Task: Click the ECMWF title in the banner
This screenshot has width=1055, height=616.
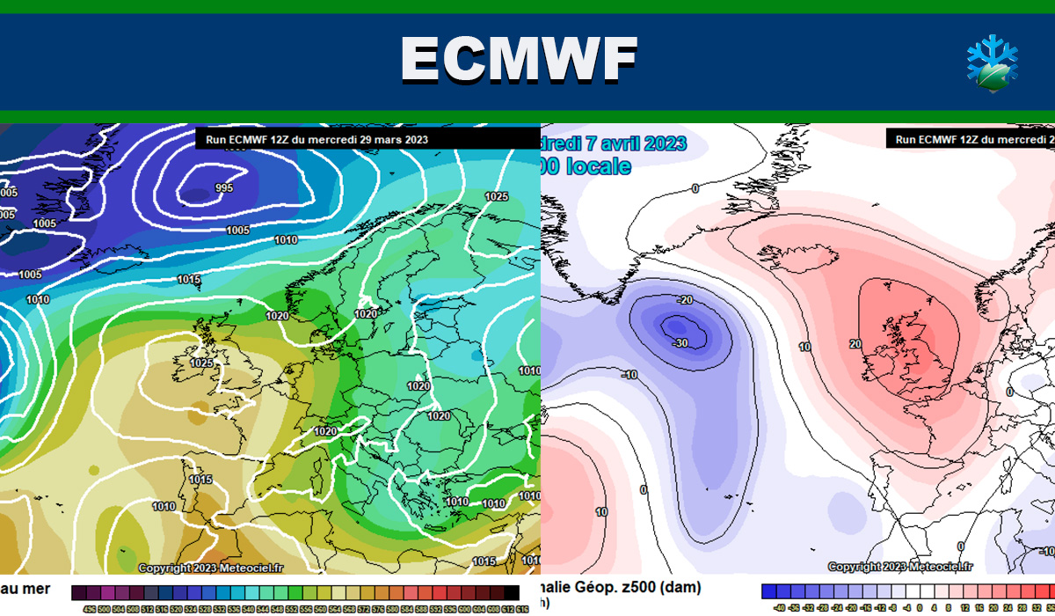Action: pos(519,60)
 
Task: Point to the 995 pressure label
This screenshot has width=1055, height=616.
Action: pos(223,188)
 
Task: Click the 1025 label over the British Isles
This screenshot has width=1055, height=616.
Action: pos(201,363)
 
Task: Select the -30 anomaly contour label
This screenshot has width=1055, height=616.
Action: pos(679,342)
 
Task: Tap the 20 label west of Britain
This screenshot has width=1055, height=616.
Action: pos(855,344)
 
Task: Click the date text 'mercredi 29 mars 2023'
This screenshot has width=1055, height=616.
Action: pos(369,139)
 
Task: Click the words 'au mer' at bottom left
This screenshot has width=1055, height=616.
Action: pos(24,588)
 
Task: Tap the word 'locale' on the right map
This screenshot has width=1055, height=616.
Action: pos(597,165)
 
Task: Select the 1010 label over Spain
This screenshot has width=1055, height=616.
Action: pos(163,506)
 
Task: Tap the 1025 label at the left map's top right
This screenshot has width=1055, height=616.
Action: pos(497,196)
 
